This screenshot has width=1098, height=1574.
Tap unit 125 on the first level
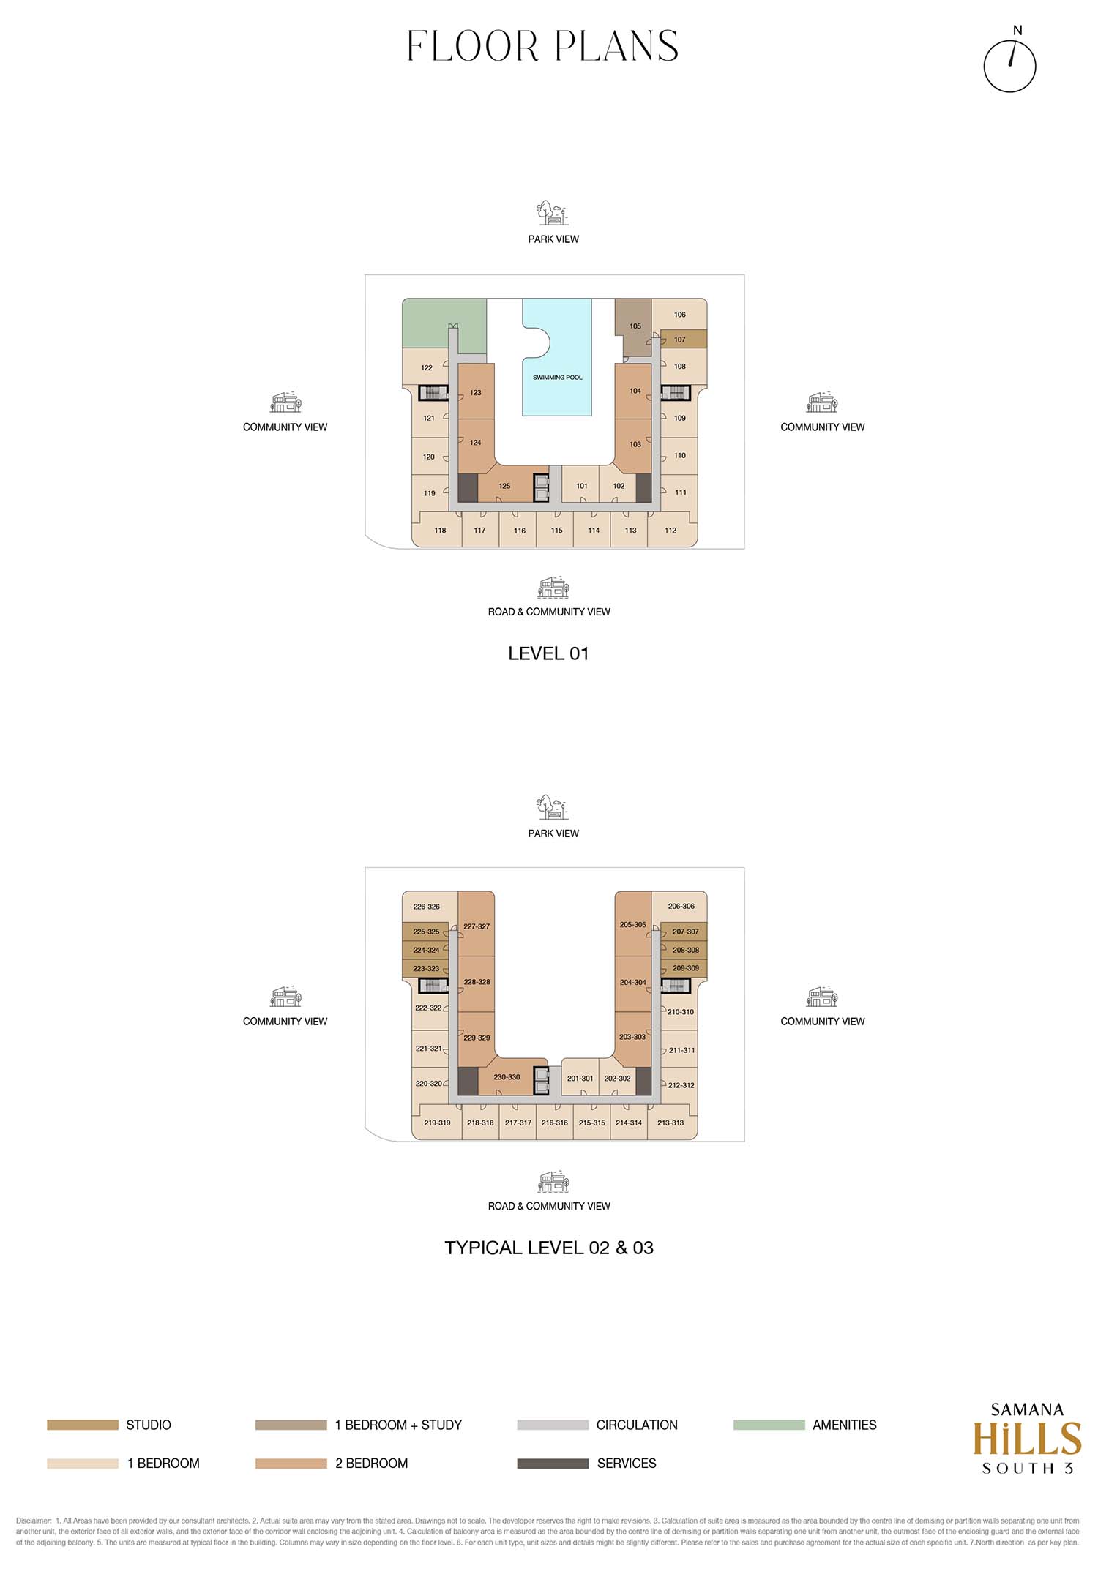(x=505, y=486)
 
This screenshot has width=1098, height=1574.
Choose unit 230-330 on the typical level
(x=507, y=1077)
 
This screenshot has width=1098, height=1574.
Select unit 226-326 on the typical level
(x=427, y=907)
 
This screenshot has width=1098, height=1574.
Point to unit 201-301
(x=580, y=1078)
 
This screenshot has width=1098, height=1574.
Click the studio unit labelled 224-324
(x=426, y=950)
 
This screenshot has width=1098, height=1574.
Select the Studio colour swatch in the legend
(x=83, y=1425)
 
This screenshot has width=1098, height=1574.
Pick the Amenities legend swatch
(x=769, y=1425)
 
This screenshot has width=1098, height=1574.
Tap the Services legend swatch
(x=553, y=1464)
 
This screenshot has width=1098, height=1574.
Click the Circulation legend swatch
(x=553, y=1425)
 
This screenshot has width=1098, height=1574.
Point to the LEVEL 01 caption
(x=549, y=653)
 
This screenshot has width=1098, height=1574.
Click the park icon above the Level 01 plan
(x=553, y=213)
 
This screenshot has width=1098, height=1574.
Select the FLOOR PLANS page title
(x=543, y=46)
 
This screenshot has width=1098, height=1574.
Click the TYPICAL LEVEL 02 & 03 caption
(x=549, y=1248)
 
